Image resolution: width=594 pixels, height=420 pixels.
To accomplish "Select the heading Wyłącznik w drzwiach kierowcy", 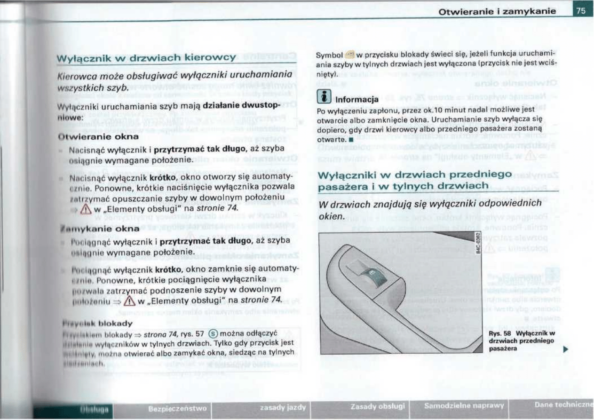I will pos(146,57).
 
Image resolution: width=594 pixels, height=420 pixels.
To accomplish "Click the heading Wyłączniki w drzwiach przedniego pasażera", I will pos(415,181).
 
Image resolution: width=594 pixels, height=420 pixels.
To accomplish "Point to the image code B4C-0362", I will pos(478,244).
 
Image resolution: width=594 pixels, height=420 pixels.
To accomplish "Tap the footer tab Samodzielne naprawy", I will pos(464,405).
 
